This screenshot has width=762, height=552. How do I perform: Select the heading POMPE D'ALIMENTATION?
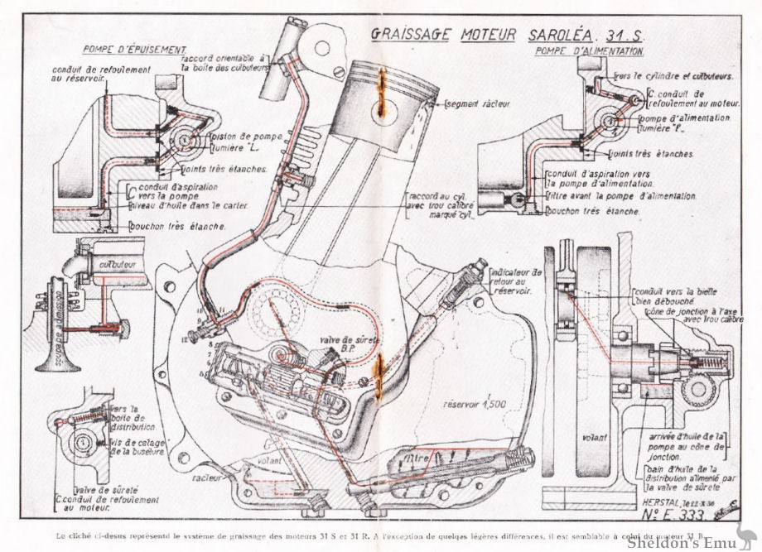pos(591,51)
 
